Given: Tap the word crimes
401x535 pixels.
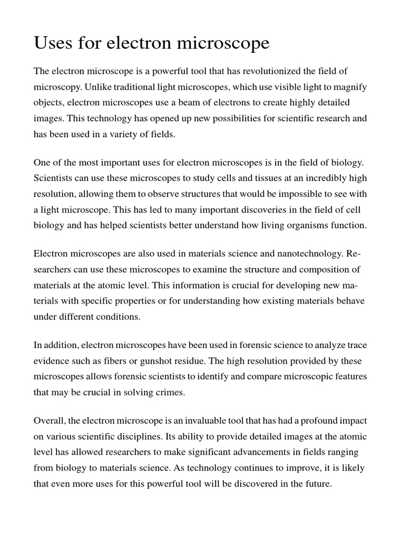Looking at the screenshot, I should click(168, 392).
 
